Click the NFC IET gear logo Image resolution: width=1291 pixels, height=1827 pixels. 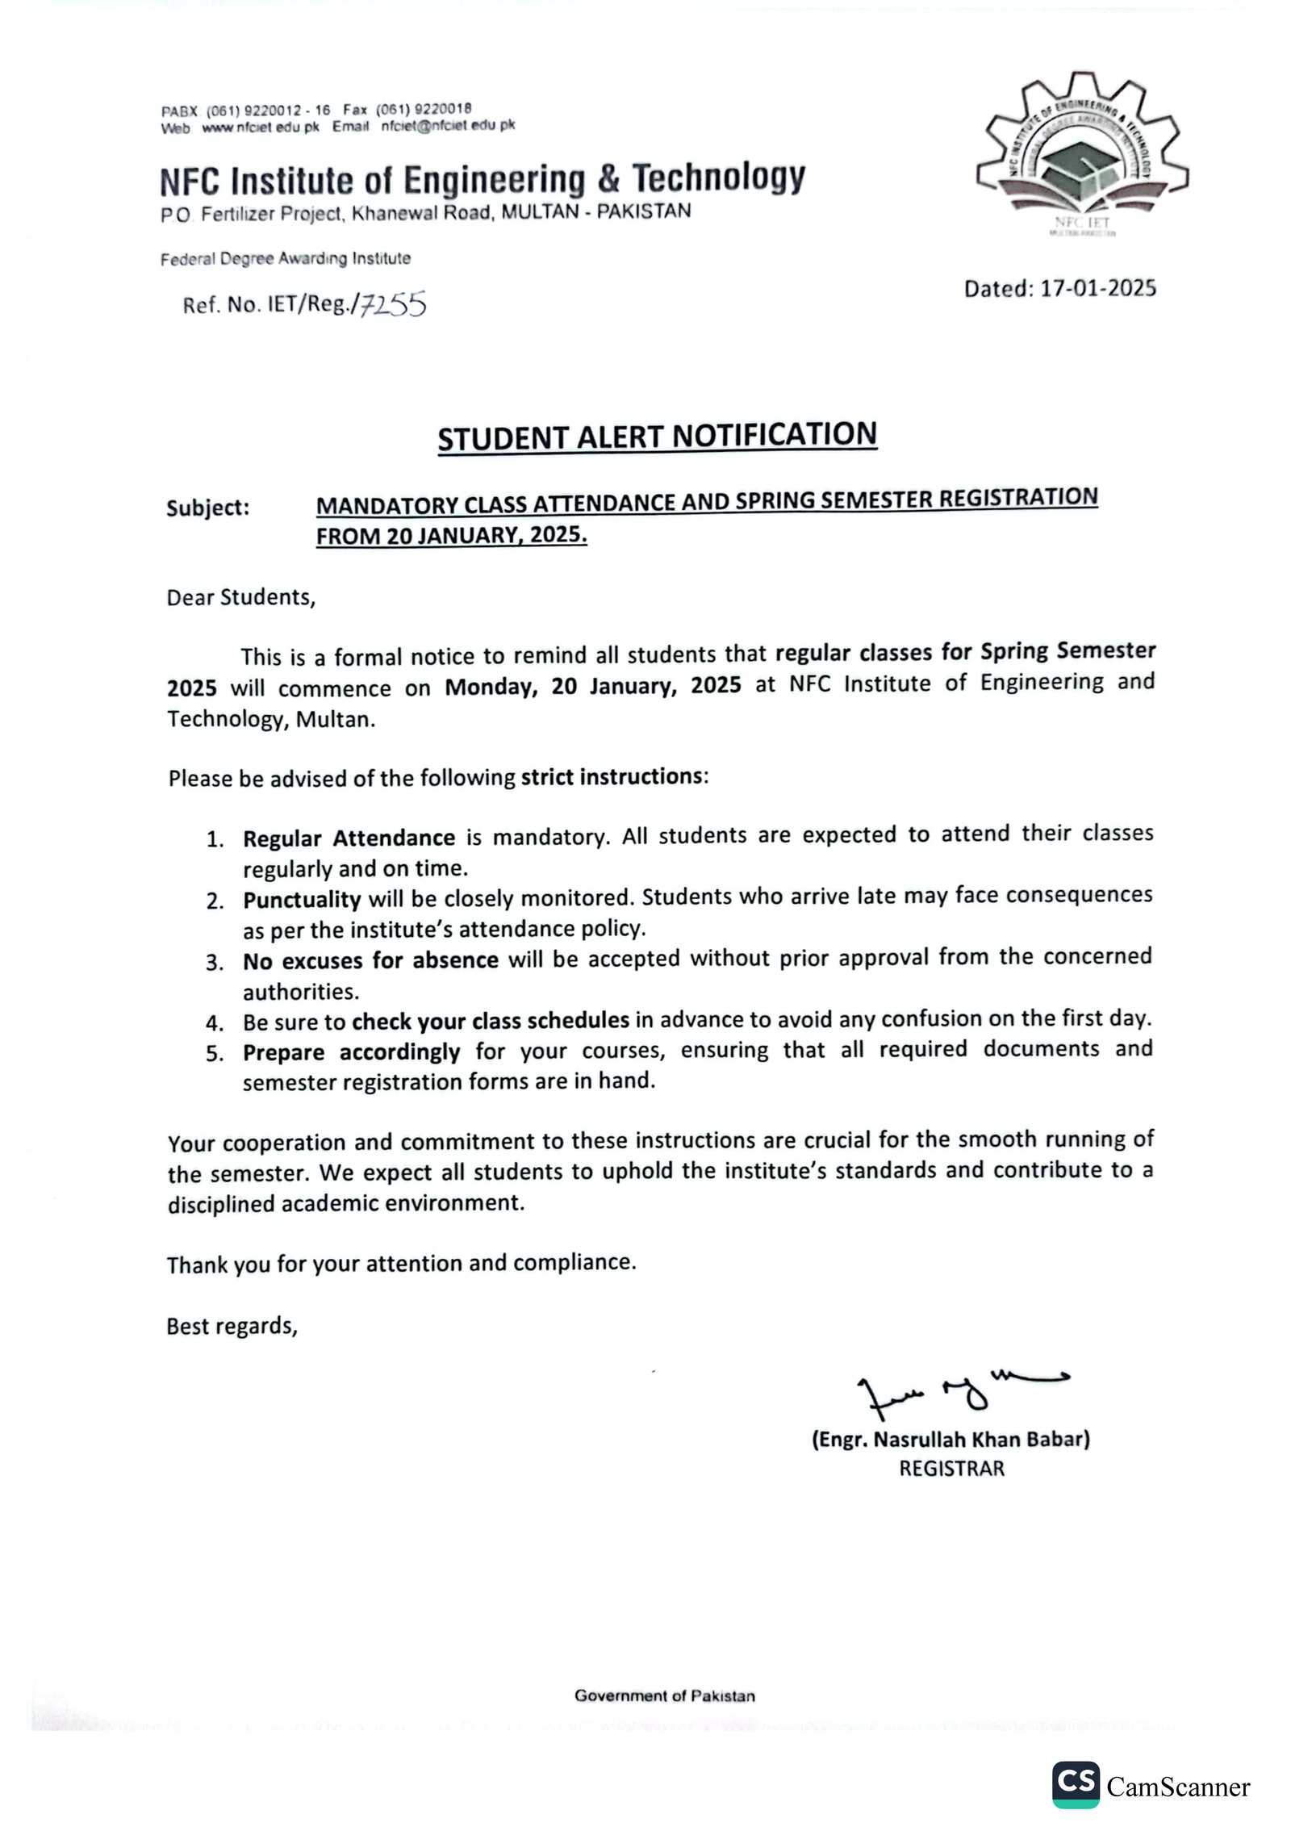(1081, 153)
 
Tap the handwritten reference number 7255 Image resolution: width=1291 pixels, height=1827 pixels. (393, 304)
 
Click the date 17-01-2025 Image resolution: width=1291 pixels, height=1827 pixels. (1097, 288)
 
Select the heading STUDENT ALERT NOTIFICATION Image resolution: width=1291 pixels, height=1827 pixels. (657, 436)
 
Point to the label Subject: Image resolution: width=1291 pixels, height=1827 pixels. (208, 508)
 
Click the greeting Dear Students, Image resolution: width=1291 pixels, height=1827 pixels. (240, 597)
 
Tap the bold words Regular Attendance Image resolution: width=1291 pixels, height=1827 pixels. (349, 838)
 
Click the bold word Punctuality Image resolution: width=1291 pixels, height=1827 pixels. (302, 899)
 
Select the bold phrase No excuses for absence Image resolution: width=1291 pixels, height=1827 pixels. (370, 960)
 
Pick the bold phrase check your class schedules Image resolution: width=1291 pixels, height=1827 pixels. (490, 1021)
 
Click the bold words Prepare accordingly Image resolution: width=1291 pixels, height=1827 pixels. (351, 1052)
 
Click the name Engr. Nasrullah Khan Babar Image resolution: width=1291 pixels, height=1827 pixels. (950, 1440)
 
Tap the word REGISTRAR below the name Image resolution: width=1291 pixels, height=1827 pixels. (951, 1469)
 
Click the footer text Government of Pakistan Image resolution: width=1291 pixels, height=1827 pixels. (664, 1695)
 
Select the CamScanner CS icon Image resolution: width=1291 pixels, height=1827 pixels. (1075, 1784)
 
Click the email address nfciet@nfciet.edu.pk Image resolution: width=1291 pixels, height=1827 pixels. (448, 126)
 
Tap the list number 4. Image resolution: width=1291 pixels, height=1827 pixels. (214, 1024)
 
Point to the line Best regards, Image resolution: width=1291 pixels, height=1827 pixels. (232, 1326)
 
